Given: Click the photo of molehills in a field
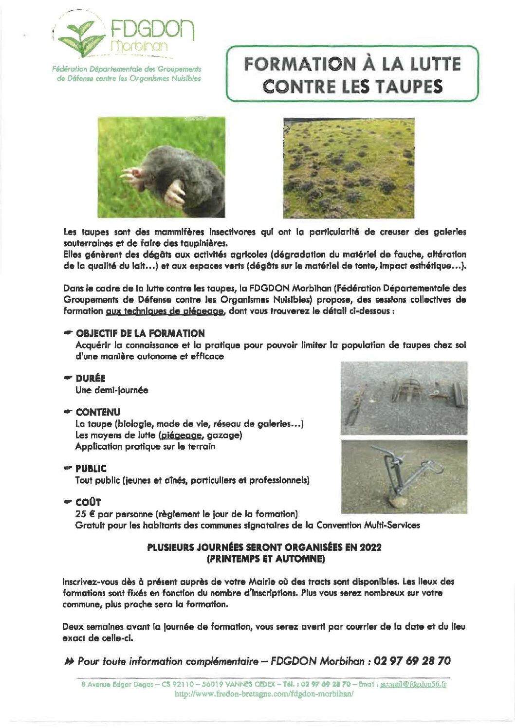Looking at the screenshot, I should click(349, 168).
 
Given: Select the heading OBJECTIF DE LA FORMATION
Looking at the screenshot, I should click(140, 333).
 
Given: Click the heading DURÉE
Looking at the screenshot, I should click(90, 378).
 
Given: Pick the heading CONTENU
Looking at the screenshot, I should click(97, 412).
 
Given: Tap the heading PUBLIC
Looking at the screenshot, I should click(91, 469).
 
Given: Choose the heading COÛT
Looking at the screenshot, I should click(88, 502).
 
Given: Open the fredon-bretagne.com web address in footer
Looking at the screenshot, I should click(264, 694).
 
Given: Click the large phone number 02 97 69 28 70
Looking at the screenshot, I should click(413, 661).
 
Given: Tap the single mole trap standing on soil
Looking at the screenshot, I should click(404, 477).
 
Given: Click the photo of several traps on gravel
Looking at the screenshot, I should click(404, 398).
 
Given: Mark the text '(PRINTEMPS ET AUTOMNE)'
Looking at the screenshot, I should click(265, 559).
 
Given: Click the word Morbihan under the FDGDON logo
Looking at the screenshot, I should click(139, 46).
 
